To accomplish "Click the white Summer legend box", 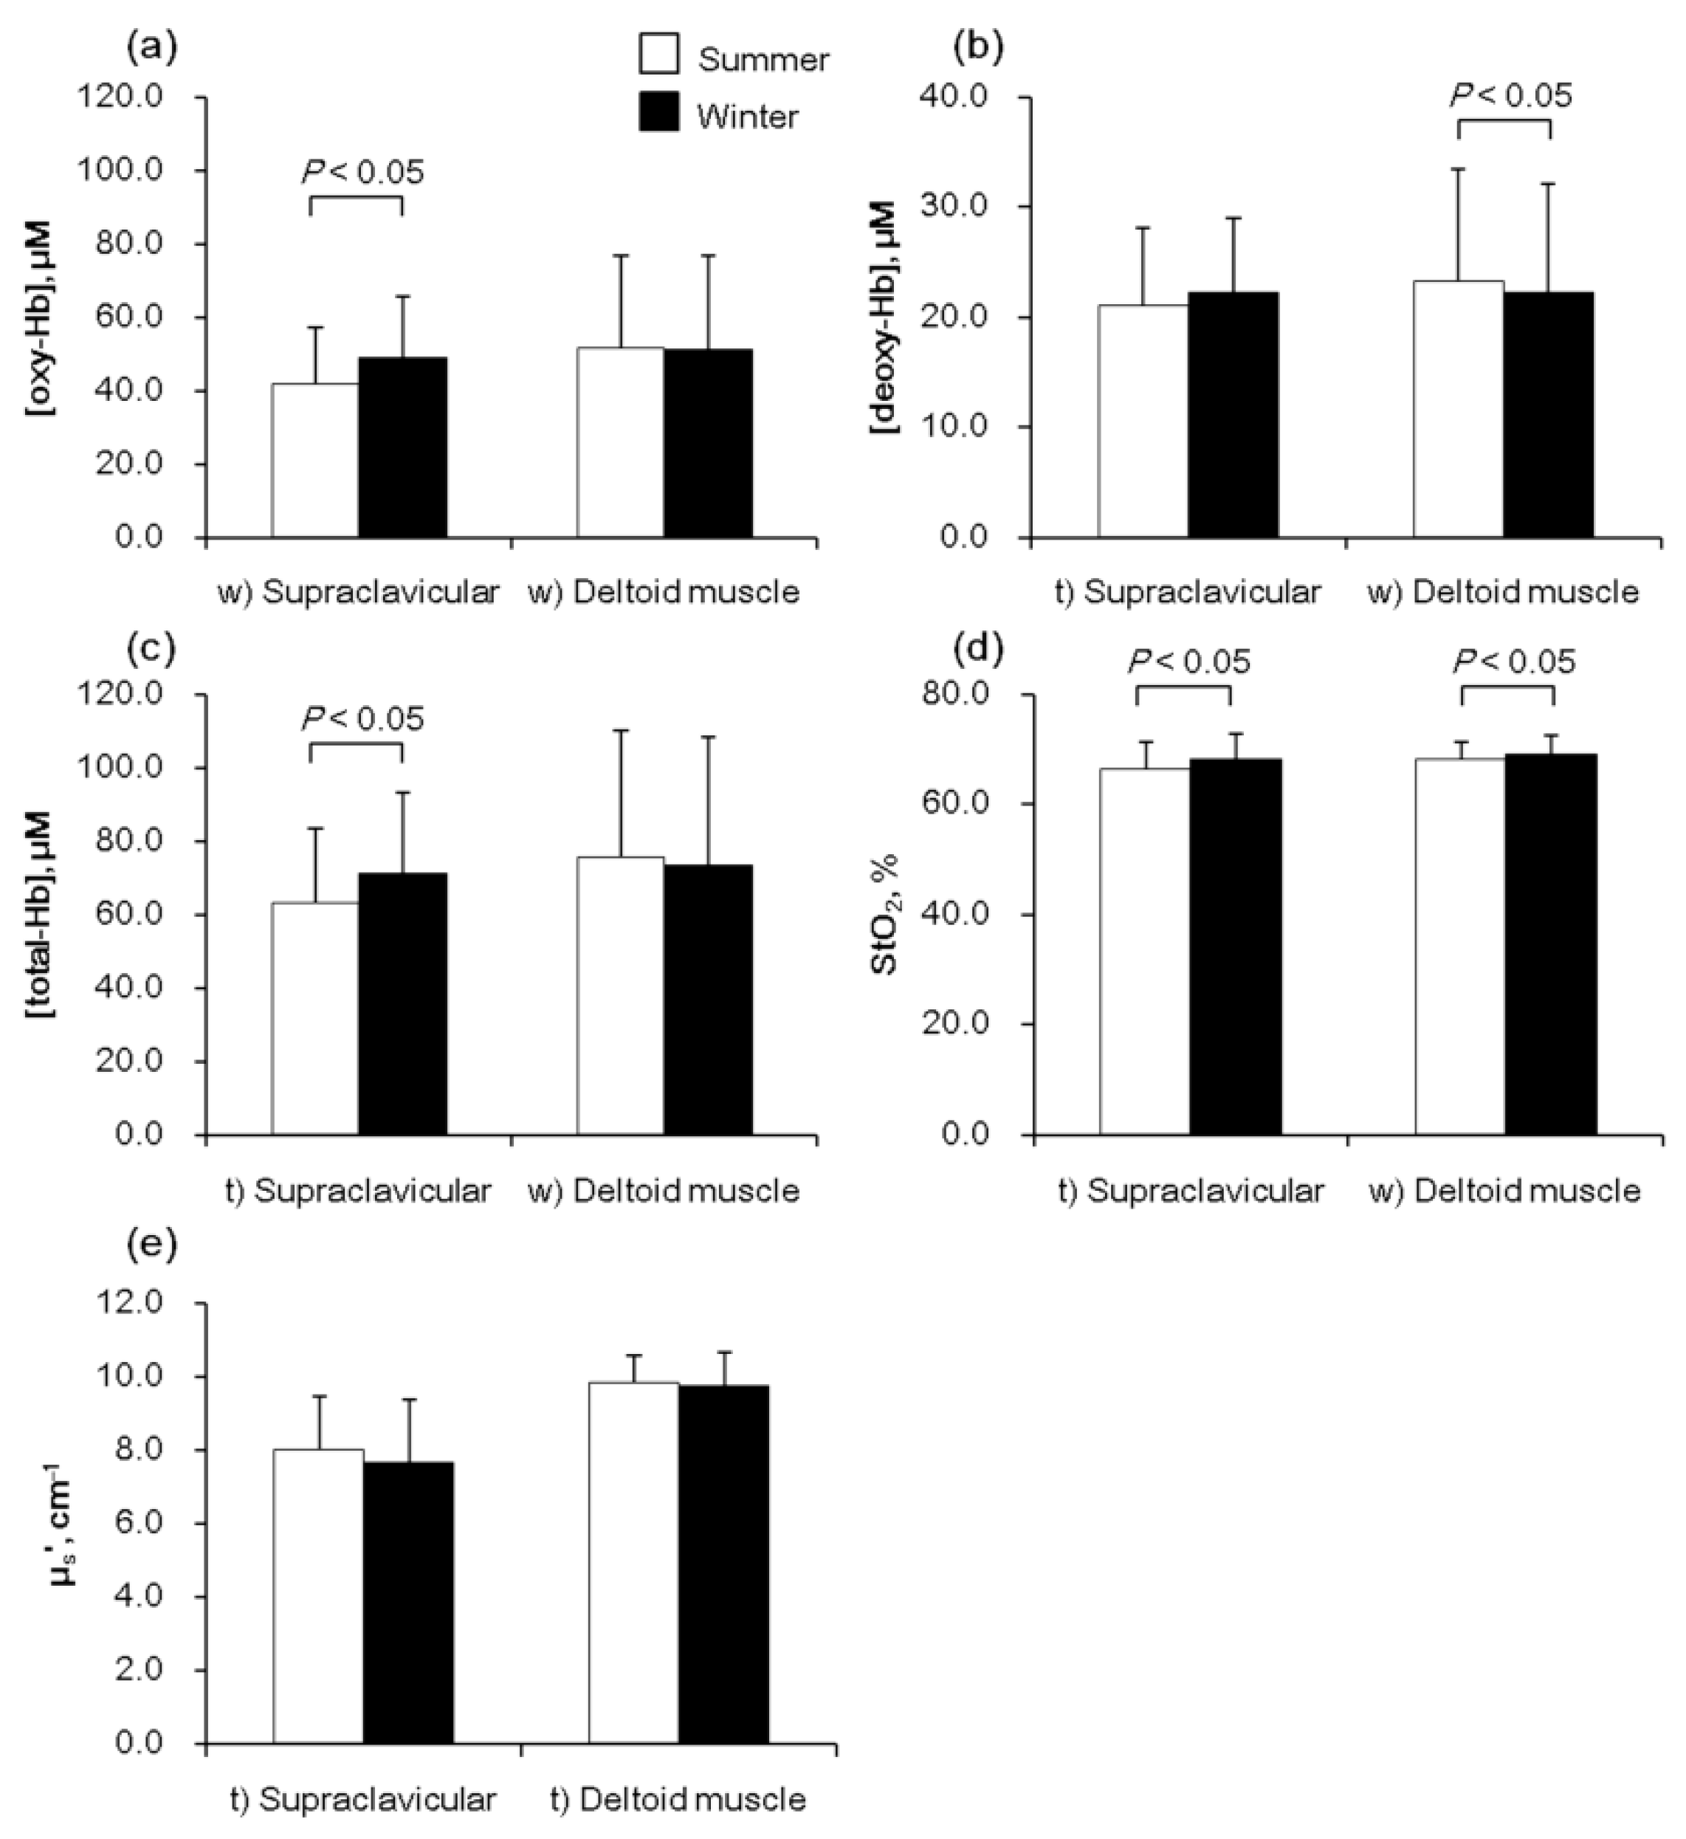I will tap(658, 53).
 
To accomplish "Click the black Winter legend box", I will tap(658, 111).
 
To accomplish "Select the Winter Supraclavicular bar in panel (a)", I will tap(402, 447).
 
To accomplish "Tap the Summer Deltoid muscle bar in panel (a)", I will tap(620, 442).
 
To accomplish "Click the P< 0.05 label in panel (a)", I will tap(363, 171).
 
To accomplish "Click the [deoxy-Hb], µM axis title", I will tap(886, 317).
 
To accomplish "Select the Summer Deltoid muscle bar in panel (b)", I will tap(1458, 409).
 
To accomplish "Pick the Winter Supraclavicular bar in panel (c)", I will tap(402, 1003).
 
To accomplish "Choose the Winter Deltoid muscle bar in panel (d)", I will tap(1550, 944).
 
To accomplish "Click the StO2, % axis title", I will tap(886, 915).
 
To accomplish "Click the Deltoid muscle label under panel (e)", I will tap(678, 1799).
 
